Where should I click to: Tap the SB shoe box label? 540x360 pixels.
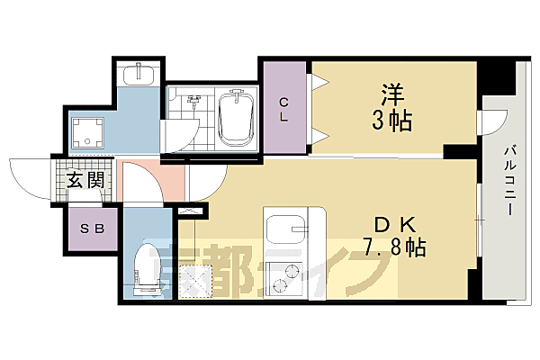[x=92, y=229]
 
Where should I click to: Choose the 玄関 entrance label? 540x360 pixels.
[x=84, y=179]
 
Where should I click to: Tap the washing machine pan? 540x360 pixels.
[x=89, y=134]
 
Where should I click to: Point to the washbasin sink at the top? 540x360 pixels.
[x=138, y=73]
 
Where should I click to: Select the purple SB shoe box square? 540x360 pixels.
[x=93, y=229]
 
